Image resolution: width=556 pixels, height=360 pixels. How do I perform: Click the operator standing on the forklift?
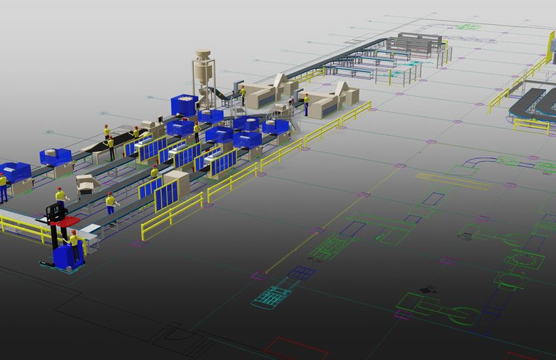(60, 199)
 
